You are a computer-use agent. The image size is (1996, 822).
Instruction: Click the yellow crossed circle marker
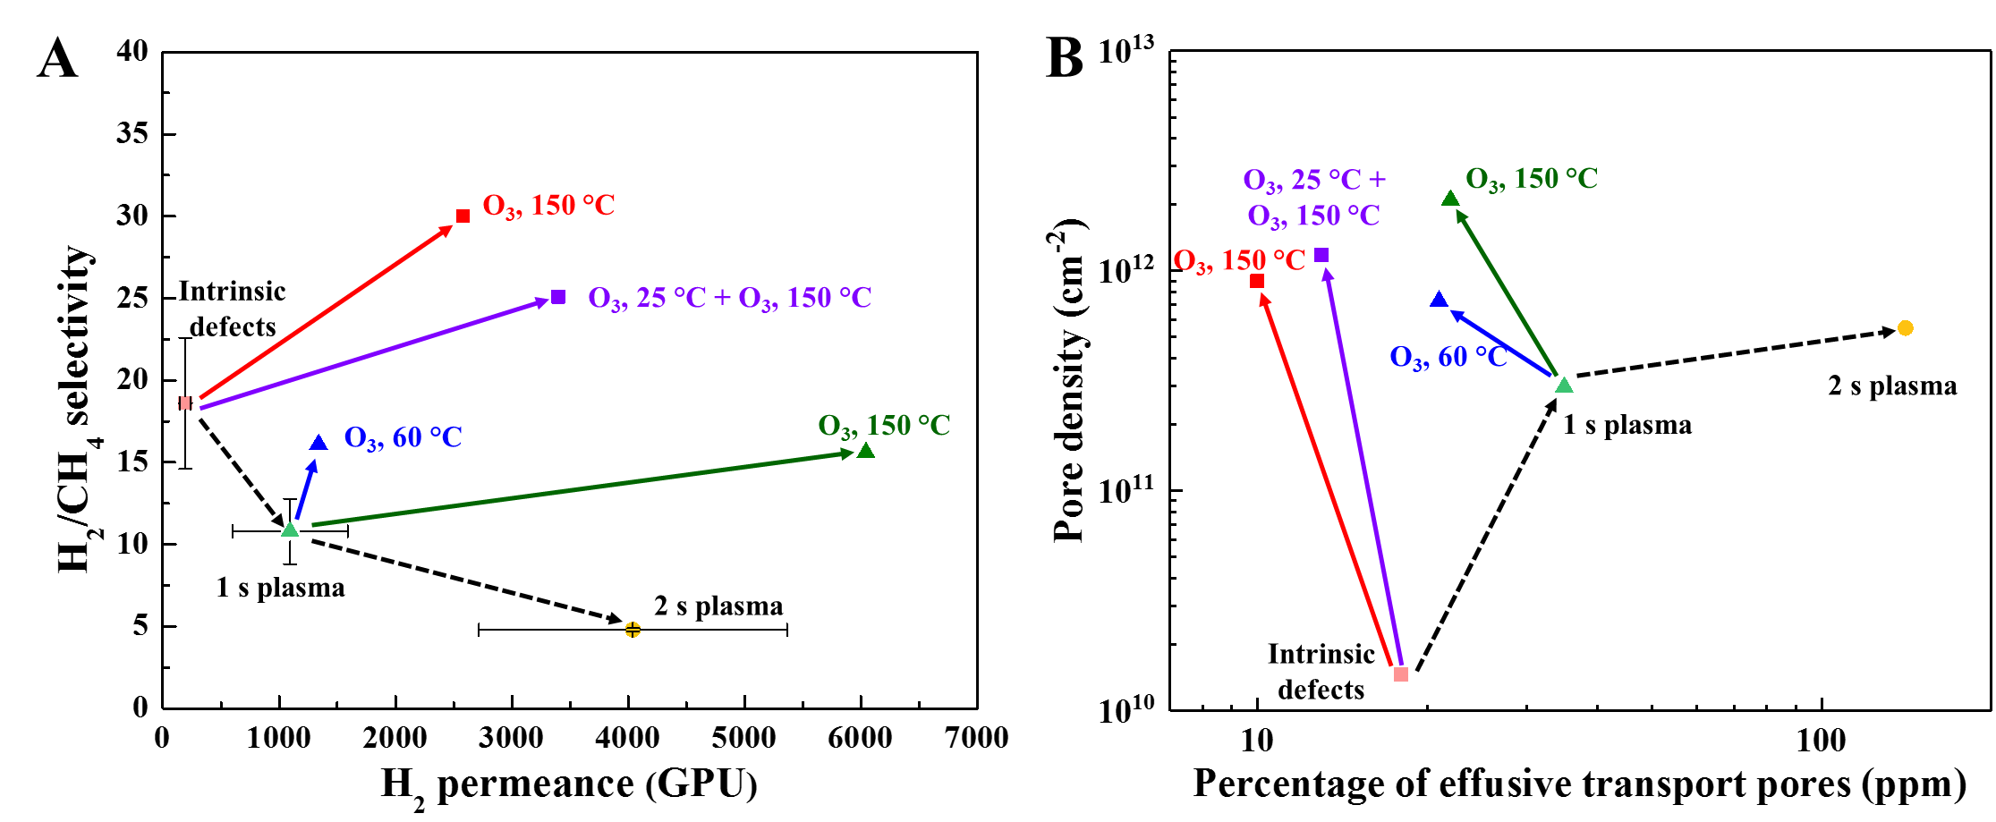[x=633, y=630]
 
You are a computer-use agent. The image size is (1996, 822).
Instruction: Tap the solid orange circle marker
[x=1905, y=328]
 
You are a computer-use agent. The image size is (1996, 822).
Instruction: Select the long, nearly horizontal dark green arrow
[x=582, y=488]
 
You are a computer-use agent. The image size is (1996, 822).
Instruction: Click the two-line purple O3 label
[x=1314, y=198]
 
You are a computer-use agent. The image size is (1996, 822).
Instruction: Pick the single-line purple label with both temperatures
[x=729, y=298]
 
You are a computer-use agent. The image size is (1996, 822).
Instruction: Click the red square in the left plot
[x=463, y=216]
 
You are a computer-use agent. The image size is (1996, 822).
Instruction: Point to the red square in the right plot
[x=1257, y=281]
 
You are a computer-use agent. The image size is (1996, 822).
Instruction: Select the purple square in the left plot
[x=559, y=297]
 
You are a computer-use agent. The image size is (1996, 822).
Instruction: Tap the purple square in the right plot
[x=1321, y=256]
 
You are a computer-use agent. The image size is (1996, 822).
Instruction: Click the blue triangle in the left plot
[x=319, y=443]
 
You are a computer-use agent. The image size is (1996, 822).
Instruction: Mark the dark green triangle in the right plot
[x=1450, y=199]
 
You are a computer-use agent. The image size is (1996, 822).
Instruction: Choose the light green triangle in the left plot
[x=291, y=530]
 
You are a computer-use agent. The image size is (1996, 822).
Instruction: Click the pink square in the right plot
[x=1401, y=674]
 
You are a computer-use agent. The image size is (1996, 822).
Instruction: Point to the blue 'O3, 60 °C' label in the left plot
[x=403, y=438]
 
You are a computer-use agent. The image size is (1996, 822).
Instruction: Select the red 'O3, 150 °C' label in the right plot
[x=1239, y=261]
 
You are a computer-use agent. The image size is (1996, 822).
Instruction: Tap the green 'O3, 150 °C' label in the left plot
[x=884, y=426]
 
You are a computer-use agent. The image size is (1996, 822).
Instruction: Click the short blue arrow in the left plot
[x=305, y=491]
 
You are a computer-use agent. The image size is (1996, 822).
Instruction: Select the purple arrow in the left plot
[x=376, y=353]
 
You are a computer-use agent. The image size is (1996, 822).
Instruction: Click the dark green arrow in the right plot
[x=1508, y=293]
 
